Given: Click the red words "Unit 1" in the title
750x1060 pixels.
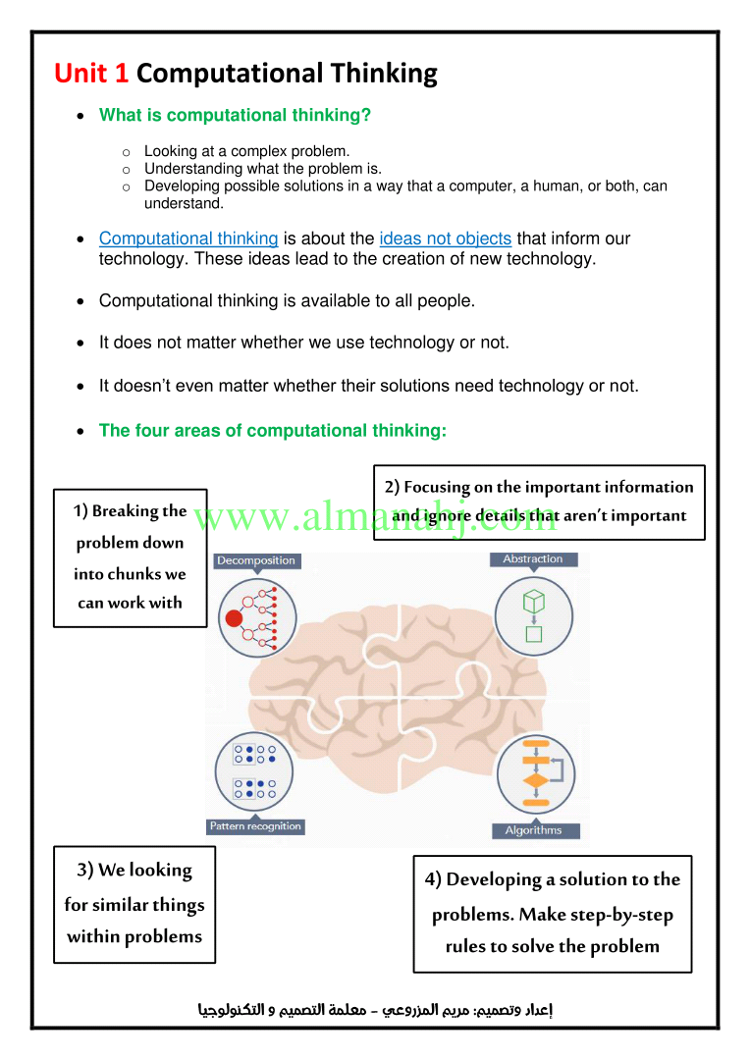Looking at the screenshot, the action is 91,73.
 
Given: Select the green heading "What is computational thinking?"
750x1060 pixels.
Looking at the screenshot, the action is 235,115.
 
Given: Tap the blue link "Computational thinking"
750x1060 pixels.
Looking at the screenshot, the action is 188,238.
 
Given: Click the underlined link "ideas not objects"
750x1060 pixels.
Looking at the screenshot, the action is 445,238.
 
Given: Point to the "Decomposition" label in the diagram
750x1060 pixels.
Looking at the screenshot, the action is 256,560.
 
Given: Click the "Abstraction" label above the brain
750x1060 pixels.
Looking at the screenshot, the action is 533,559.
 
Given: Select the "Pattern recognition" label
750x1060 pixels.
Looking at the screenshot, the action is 255,826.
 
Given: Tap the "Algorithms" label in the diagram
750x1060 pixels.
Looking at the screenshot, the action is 534,830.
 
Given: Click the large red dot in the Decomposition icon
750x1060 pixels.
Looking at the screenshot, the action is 234,618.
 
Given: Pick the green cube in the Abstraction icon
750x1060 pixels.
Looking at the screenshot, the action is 534,601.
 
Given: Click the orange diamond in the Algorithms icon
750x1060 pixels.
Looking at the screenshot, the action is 536,781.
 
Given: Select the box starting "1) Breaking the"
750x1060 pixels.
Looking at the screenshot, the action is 130,558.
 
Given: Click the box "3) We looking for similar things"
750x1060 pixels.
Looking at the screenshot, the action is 134,905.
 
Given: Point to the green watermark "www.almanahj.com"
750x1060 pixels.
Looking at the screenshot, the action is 375,517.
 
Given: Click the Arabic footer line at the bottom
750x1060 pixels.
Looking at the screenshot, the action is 375,1010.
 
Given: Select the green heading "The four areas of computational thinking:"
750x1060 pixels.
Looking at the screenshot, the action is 273,431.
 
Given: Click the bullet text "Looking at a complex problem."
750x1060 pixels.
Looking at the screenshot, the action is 246,151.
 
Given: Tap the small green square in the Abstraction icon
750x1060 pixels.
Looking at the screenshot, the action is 534,633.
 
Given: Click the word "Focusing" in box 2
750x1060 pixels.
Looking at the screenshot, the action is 437,488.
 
